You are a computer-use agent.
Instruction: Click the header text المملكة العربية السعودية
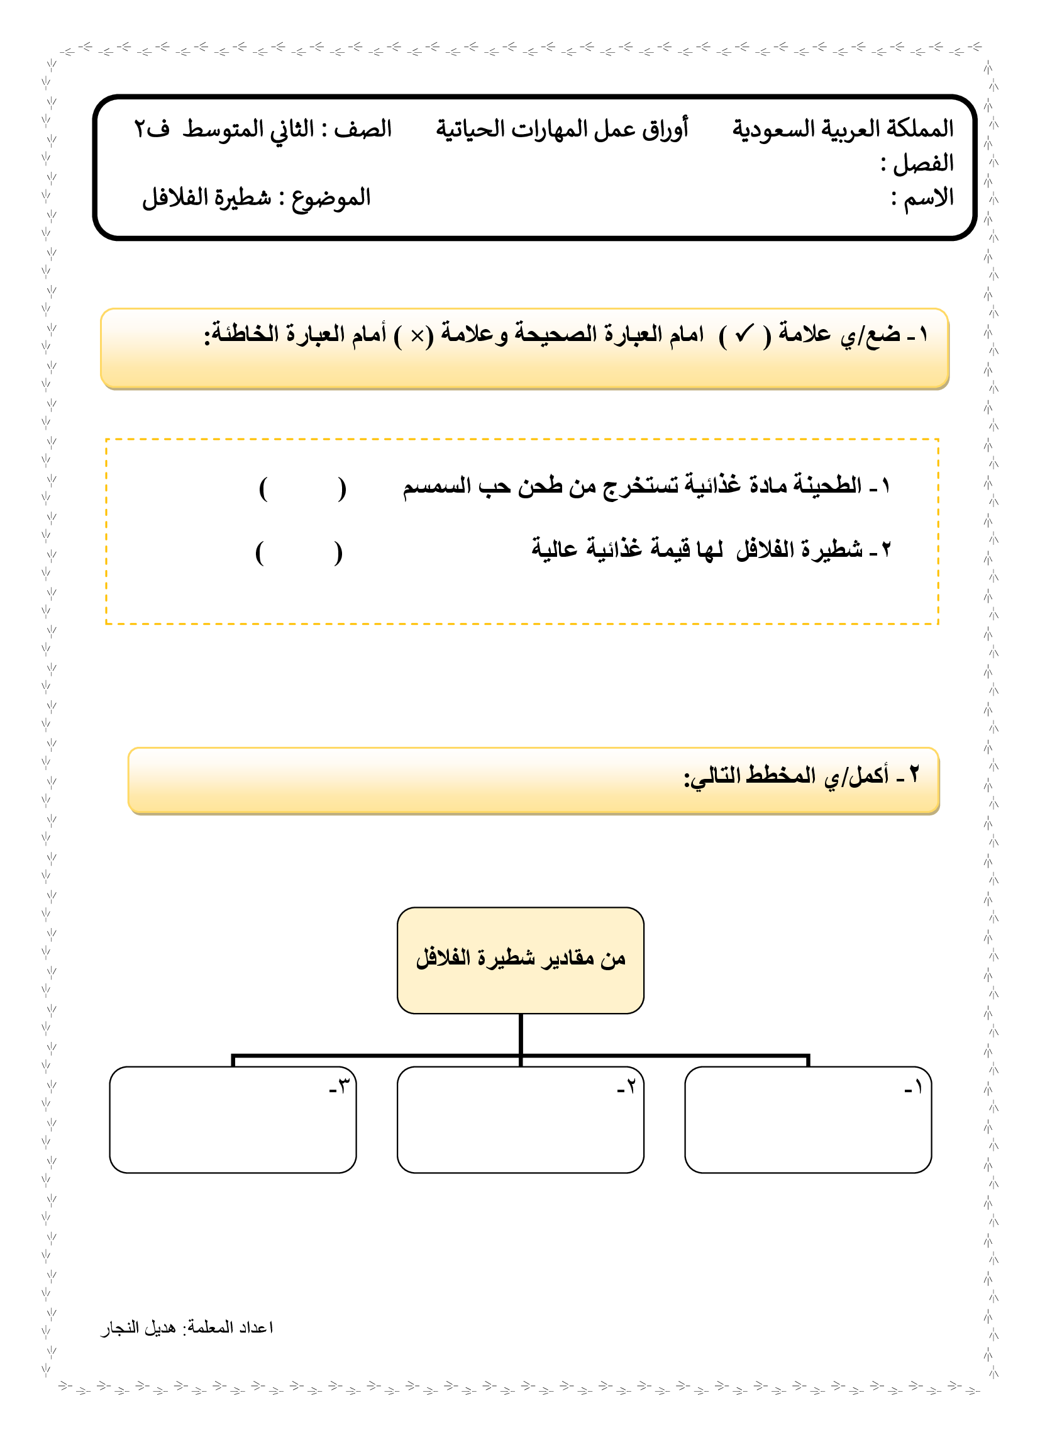(843, 128)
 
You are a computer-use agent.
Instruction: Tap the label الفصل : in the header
(917, 164)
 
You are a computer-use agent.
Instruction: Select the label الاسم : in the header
(922, 198)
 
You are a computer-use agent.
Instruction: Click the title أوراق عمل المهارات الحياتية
(561, 128)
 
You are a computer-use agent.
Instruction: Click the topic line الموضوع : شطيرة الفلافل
(256, 198)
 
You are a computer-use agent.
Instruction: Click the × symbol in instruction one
(417, 336)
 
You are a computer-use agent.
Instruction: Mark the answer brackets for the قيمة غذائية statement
(299, 553)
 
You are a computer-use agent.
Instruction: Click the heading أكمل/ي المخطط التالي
(800, 775)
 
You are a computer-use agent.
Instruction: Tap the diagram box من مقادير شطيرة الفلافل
(520, 960)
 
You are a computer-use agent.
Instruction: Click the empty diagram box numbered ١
(807, 1120)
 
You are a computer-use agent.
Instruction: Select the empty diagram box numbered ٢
(520, 1120)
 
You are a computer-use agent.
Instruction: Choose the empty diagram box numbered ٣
(233, 1120)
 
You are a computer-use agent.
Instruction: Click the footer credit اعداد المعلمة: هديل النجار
(187, 1327)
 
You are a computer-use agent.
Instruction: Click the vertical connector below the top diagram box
(520, 1034)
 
